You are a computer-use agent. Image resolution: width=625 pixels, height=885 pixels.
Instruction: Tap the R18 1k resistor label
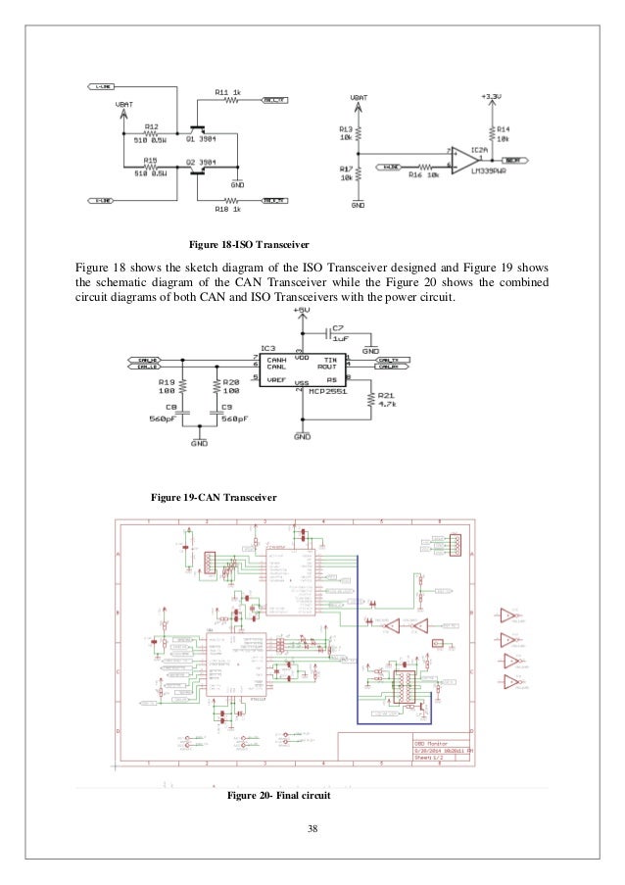[227, 209]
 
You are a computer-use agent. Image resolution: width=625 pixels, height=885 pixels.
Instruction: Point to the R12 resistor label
[152, 126]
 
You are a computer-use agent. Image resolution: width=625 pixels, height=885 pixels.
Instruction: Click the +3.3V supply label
[492, 96]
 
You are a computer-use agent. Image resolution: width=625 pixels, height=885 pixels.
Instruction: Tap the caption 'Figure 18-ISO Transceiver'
[242, 242]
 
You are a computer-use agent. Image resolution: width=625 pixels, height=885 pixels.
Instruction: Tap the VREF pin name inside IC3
[275, 377]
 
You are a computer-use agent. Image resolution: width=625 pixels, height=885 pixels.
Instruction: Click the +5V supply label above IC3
[302, 311]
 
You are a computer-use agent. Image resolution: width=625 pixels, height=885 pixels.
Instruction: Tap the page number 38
[312, 831]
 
